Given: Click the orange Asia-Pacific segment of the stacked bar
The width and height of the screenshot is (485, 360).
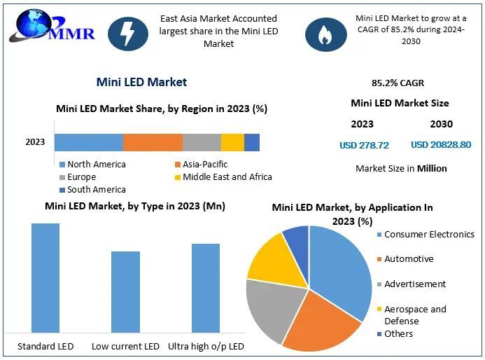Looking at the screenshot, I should pos(153,142).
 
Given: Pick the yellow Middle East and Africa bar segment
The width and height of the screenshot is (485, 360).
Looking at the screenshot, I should pos(232,142).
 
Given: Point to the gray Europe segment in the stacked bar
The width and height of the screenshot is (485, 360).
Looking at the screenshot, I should pos(202,142).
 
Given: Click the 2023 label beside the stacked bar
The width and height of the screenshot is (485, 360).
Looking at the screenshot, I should pos(35,142).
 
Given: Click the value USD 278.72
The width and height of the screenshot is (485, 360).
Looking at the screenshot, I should pos(364,146).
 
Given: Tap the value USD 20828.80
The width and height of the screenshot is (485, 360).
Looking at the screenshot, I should pos(441,145).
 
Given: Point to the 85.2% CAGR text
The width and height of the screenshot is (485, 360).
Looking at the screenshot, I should pos(398,83).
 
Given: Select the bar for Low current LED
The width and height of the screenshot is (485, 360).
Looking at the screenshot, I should pos(125,291).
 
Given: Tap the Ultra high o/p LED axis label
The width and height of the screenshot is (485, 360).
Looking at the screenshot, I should pos(205,347).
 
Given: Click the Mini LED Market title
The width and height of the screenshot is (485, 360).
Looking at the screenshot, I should pos(141,82).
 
